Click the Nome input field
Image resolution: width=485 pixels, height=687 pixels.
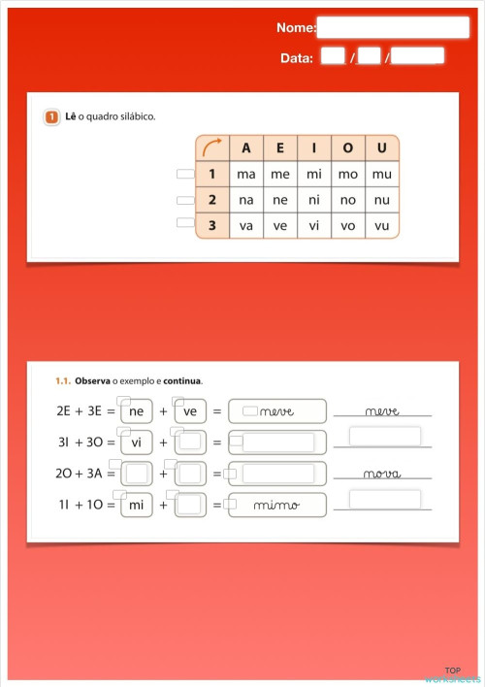(393, 27)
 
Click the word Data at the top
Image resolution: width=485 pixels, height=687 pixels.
(297, 57)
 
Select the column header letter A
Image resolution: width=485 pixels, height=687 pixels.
(245, 148)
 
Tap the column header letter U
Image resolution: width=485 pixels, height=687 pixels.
(382, 148)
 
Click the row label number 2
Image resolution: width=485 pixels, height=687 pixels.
(211, 201)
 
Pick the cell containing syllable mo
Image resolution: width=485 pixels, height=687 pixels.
(347, 175)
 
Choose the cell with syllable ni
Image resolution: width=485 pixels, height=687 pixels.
(313, 201)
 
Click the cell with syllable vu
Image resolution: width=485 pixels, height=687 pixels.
(382, 226)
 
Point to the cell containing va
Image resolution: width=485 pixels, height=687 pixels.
(245, 226)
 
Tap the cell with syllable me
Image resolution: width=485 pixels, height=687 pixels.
(279, 175)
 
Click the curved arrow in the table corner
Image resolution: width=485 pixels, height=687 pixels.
(211, 148)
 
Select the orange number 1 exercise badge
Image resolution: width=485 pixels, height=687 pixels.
(51, 117)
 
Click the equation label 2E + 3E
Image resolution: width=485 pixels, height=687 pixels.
(81, 411)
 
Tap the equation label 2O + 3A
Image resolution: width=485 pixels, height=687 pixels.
(81, 474)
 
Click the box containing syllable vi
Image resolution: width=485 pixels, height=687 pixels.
(137, 443)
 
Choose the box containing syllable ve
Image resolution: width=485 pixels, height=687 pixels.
(190, 411)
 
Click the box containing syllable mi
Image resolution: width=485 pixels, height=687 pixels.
(137, 506)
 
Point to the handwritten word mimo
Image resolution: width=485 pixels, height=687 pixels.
(276, 506)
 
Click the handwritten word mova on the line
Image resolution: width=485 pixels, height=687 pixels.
(382, 474)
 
